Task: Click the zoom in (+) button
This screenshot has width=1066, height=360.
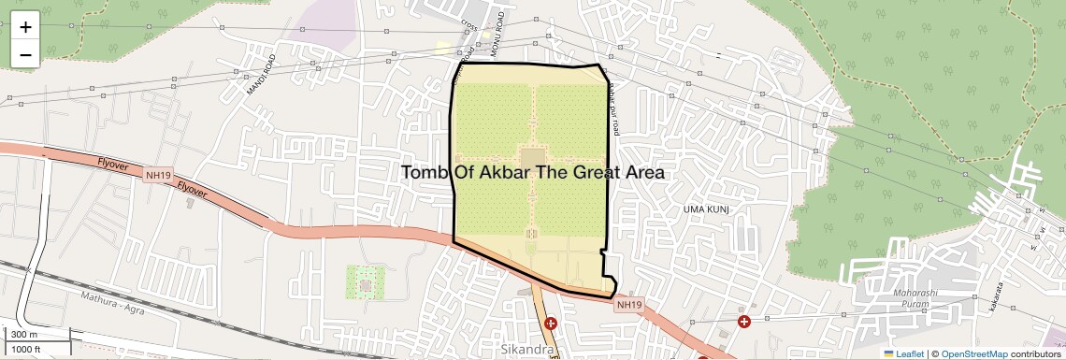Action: coord(25,26)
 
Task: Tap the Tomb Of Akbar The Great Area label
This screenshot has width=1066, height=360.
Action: coord(533,173)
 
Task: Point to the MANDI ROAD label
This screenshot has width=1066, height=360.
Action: coord(263,76)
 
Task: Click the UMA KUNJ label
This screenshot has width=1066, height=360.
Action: coord(705,209)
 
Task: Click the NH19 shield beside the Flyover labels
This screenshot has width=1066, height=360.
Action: coord(157,174)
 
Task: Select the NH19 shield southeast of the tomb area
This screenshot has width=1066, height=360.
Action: coord(629,305)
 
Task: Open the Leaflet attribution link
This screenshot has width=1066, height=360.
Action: coord(903,353)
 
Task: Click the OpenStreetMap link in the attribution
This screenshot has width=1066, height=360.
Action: coord(973,353)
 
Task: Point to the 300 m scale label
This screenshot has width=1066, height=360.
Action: coord(25,335)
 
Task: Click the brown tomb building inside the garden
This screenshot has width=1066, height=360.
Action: coord(532,159)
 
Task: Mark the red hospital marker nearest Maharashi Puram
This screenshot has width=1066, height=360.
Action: coord(744,322)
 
